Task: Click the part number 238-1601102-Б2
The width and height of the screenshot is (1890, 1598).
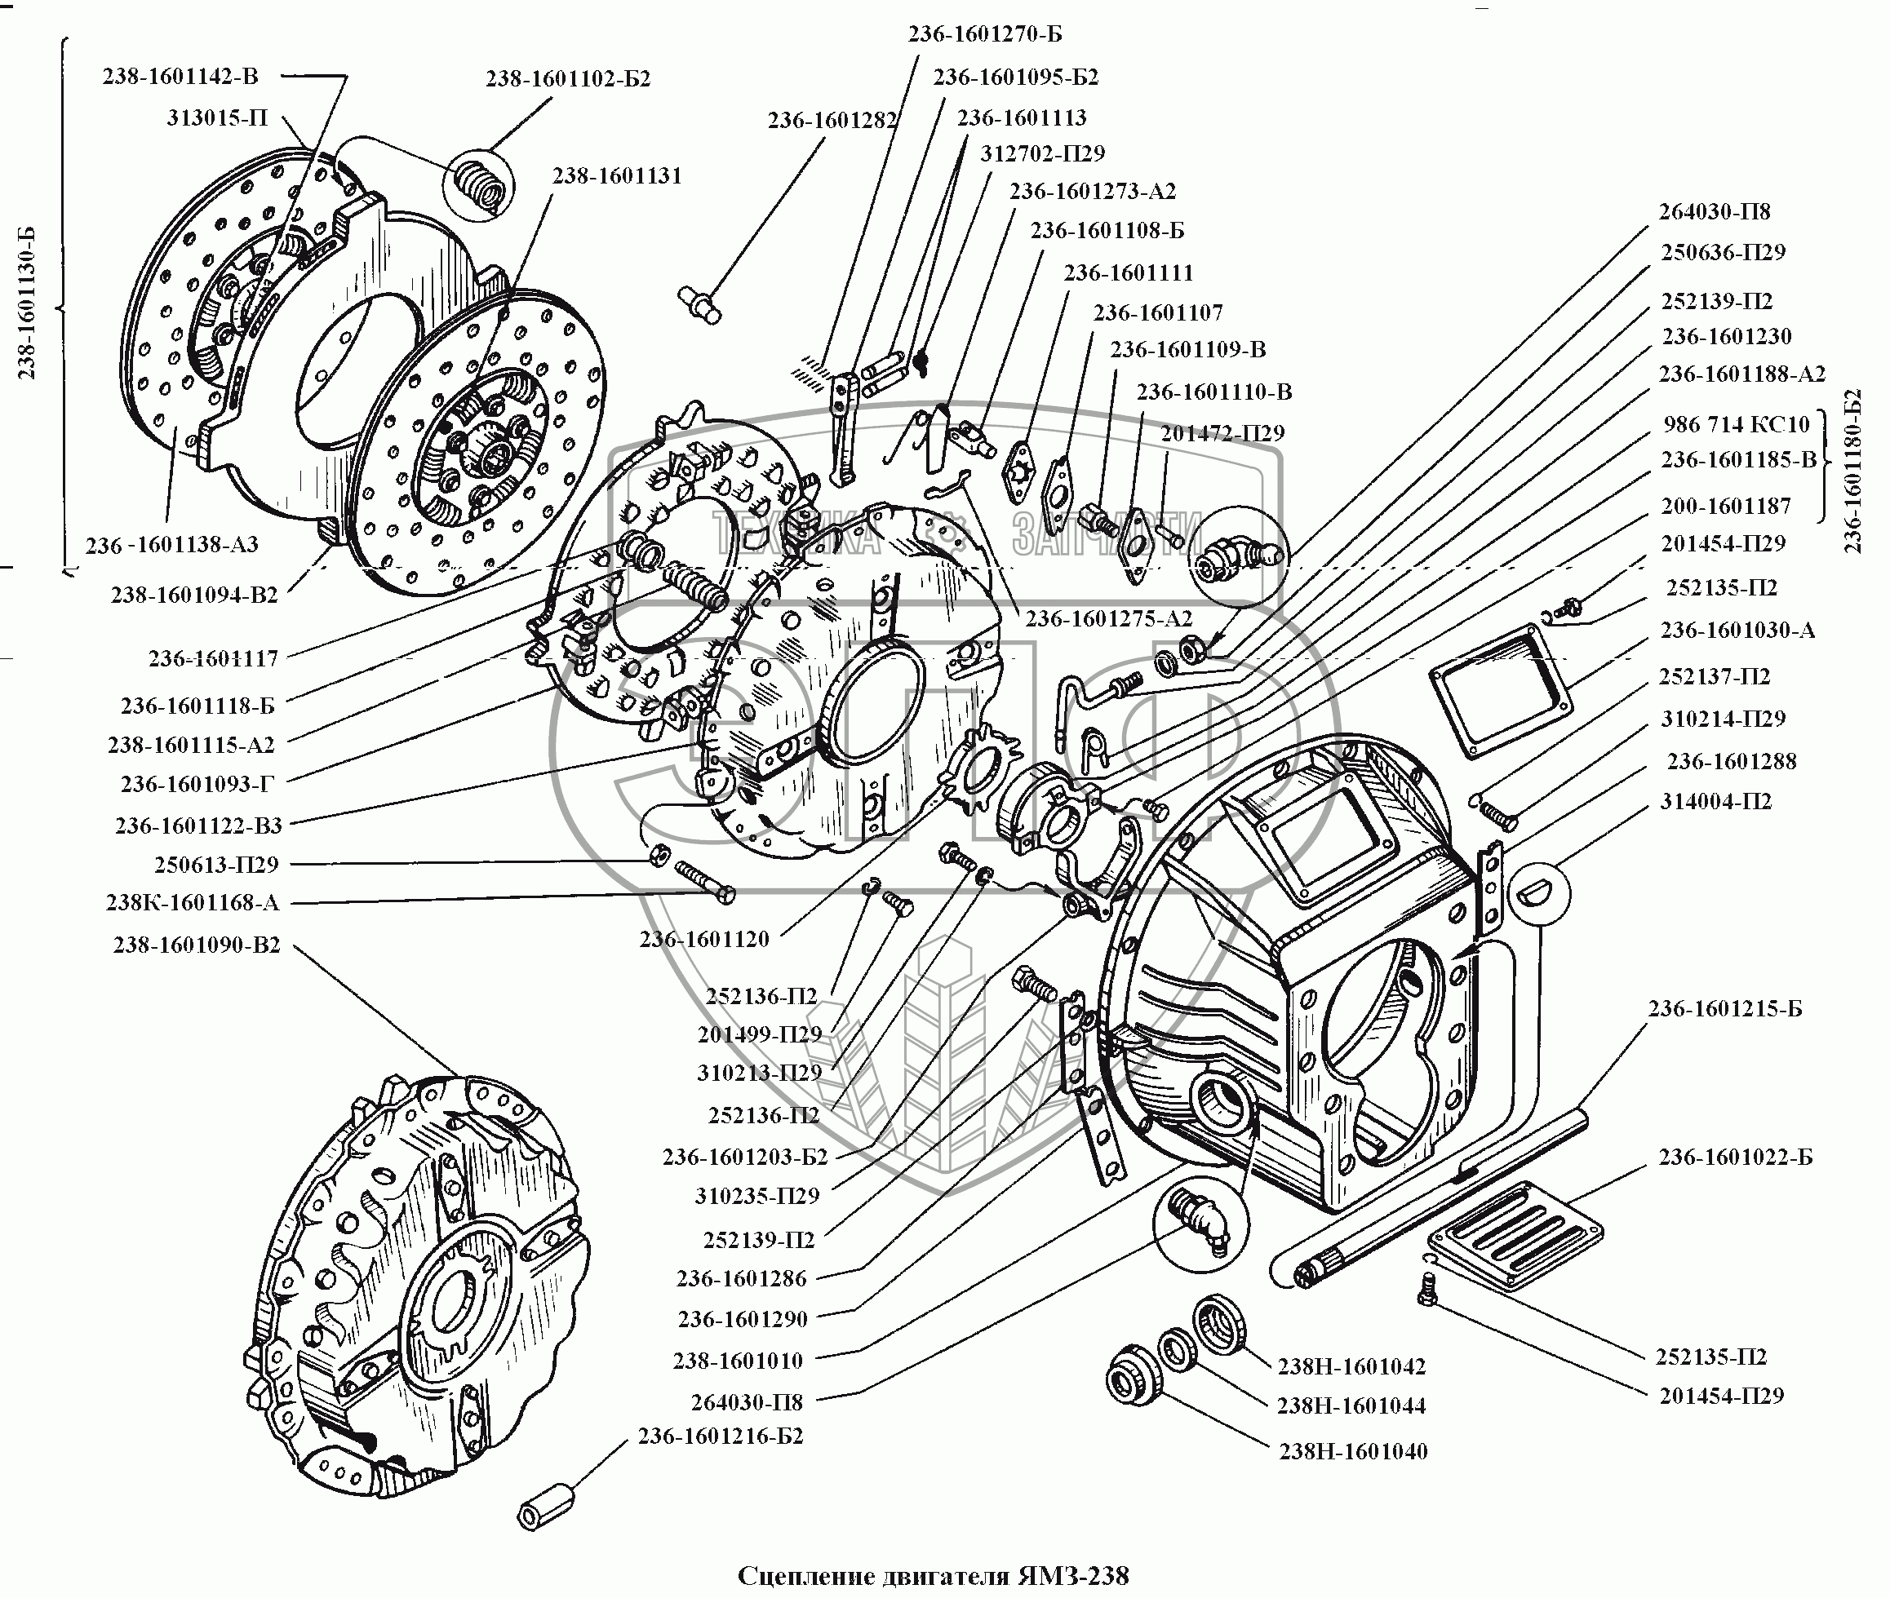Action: tap(568, 79)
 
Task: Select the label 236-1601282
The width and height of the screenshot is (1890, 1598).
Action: tap(832, 121)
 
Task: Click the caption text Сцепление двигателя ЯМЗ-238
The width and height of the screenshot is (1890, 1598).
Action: tap(934, 1575)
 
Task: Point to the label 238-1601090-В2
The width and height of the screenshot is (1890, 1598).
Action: tap(197, 945)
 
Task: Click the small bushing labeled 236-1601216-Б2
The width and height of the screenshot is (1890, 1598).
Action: tap(545, 1506)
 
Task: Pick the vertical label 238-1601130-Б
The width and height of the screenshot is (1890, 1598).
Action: tap(26, 303)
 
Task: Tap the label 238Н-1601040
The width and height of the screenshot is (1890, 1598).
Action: tap(1353, 1451)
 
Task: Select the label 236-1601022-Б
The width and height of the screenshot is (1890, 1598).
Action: tap(1735, 1157)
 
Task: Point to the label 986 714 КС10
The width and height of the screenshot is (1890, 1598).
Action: tap(1735, 424)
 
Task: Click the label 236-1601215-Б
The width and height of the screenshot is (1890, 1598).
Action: tap(1724, 1009)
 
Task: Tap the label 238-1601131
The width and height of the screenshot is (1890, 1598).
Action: tap(617, 175)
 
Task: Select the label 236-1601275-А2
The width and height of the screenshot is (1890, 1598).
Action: tap(1108, 619)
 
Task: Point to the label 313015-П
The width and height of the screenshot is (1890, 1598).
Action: tap(217, 117)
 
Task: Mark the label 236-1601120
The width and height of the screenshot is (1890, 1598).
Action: tap(704, 940)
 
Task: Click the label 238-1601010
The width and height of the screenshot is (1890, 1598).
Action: tap(738, 1360)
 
